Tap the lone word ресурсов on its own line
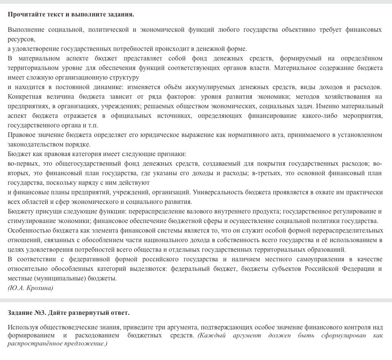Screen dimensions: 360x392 click(x=21, y=39)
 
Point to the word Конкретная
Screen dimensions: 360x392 click(x=23, y=96)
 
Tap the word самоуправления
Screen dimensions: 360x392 click(x=314, y=259)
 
